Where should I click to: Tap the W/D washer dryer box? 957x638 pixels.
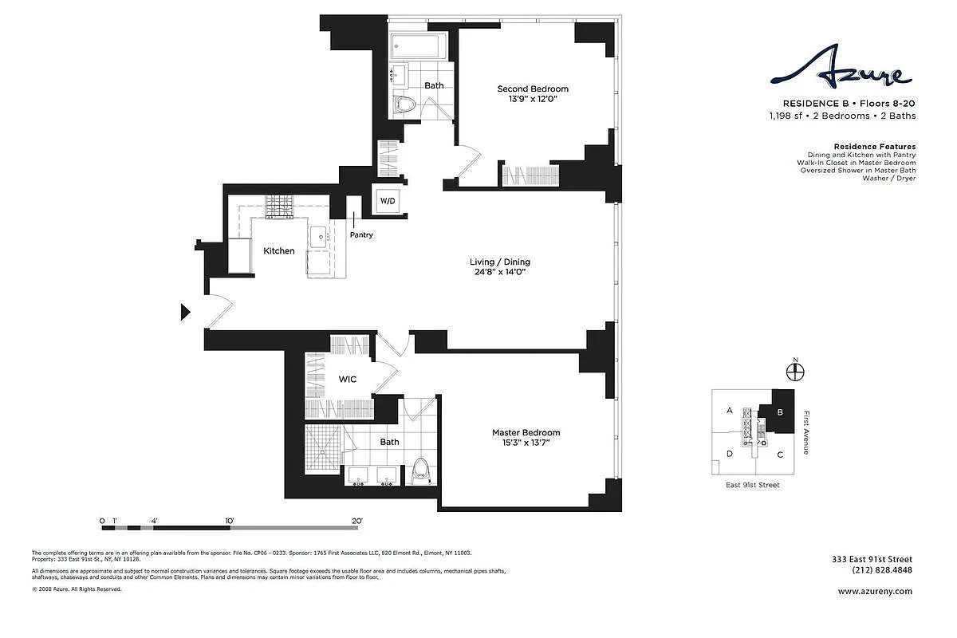(x=387, y=200)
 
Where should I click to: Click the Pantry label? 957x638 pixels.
(x=360, y=235)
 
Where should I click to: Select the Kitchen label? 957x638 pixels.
(x=279, y=251)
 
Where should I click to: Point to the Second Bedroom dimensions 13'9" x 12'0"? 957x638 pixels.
(x=533, y=100)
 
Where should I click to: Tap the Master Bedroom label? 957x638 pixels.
(x=526, y=433)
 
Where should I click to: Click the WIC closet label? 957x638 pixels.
(x=347, y=380)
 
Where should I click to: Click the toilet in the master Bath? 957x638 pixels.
(x=420, y=471)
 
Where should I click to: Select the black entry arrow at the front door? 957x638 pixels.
(x=185, y=312)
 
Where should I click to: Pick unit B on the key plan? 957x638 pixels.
(x=781, y=412)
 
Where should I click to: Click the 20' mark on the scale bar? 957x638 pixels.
(x=356, y=521)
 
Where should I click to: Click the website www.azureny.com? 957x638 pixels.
(x=875, y=592)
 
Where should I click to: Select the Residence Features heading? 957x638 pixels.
(x=874, y=147)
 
